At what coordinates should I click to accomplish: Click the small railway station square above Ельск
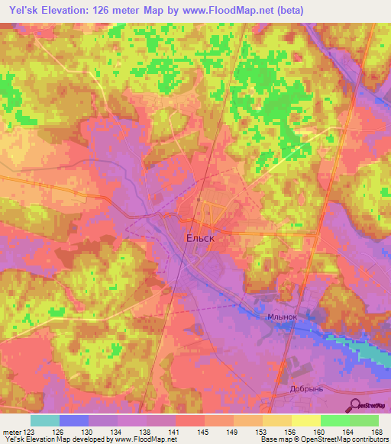198,201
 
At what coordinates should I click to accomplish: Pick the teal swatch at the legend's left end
44,420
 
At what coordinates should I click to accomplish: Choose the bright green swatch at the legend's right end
364,420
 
